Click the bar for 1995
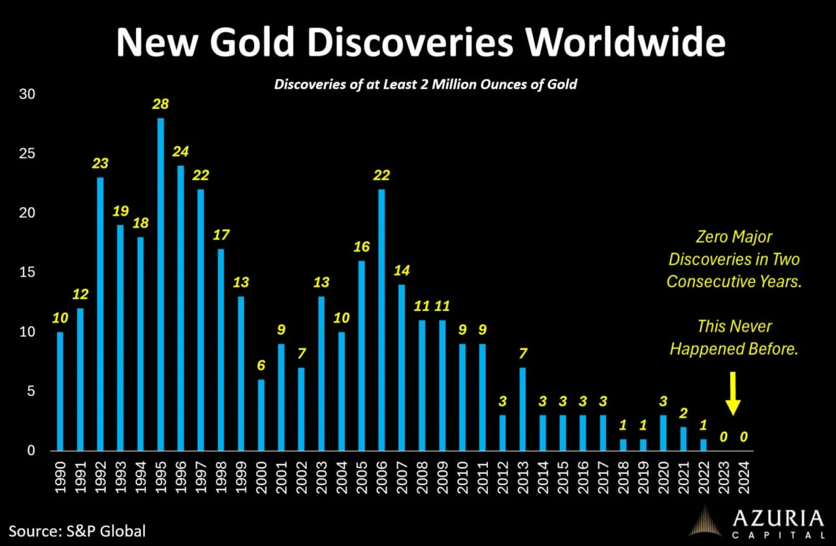[161, 284]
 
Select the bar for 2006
[382, 320]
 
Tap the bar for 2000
[261, 415]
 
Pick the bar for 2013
[522, 409]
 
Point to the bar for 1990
[61, 391]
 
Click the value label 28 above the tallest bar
[161, 104]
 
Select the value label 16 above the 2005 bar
[362, 247]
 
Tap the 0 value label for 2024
[744, 436]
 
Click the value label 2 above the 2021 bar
[684, 413]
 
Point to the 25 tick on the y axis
[26, 153]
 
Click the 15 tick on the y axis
[26, 272]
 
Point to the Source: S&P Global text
[77, 530]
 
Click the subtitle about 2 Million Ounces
[425, 85]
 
